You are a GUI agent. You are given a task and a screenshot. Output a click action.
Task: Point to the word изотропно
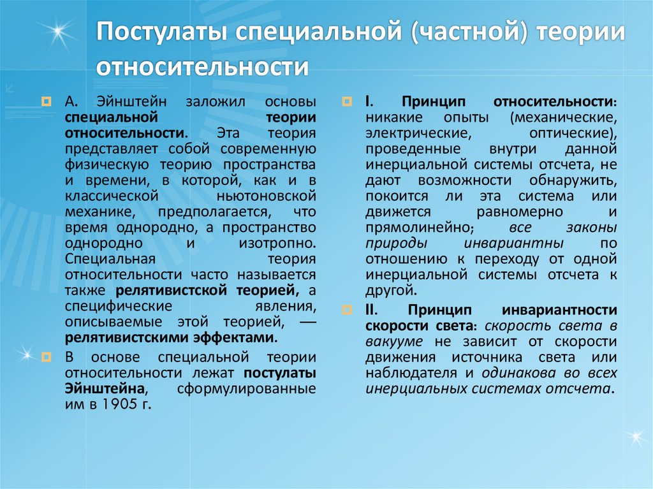coord(278,243)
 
